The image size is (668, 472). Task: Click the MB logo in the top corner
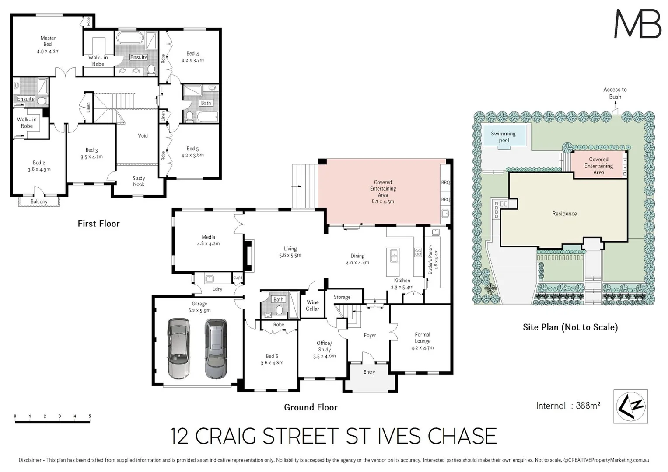tap(637, 24)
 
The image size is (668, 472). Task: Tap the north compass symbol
tap(630, 406)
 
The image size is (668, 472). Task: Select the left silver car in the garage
tap(179, 348)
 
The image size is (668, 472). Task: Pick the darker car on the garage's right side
tap(216, 348)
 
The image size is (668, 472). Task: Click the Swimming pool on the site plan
tap(503, 137)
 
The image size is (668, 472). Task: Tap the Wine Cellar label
tap(312, 305)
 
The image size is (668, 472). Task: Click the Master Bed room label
tap(48, 41)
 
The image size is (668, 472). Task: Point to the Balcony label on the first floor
tap(39, 201)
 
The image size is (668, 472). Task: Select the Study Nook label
tap(139, 181)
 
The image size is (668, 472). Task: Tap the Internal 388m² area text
tap(568, 406)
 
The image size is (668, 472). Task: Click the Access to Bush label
tap(615, 93)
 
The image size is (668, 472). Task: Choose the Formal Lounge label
tap(422, 338)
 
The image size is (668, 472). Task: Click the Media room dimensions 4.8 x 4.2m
tap(208, 244)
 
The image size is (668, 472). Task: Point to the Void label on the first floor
tap(143, 136)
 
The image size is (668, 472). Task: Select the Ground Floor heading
tap(311, 407)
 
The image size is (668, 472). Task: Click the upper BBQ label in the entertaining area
tap(445, 183)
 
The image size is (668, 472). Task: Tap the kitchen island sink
tap(393, 255)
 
